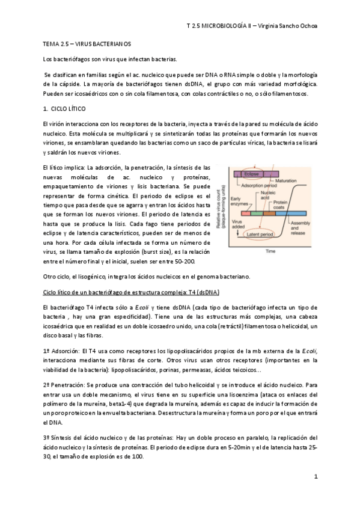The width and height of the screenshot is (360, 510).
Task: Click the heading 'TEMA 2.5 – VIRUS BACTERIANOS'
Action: tap(87, 45)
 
